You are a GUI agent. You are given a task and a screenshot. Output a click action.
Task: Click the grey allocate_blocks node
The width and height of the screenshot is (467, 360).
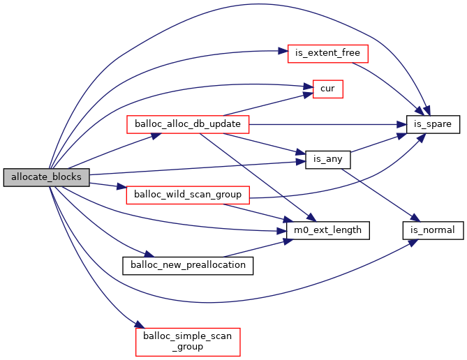[47, 177]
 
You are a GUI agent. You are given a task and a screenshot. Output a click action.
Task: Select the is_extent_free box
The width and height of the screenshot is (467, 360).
[327, 53]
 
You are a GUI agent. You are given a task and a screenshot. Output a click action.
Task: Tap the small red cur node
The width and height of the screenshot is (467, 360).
[327, 89]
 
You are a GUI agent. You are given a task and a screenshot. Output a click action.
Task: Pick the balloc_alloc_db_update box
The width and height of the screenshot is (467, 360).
[188, 124]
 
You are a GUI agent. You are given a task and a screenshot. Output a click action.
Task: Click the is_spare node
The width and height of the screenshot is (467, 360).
[433, 124]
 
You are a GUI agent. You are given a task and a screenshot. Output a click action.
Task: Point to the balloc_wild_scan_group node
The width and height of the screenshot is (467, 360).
[188, 194]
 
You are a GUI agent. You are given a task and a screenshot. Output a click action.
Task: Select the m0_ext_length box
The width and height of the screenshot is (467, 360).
[327, 229]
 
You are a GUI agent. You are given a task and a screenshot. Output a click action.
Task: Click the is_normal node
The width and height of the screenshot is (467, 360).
[432, 229]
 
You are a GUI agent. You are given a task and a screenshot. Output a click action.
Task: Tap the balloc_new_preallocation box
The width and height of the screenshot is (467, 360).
[188, 265]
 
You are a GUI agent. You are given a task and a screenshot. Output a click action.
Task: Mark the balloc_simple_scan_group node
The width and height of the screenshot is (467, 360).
[188, 341]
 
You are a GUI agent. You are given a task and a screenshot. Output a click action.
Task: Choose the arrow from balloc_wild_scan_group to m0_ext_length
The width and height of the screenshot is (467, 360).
[265, 211]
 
